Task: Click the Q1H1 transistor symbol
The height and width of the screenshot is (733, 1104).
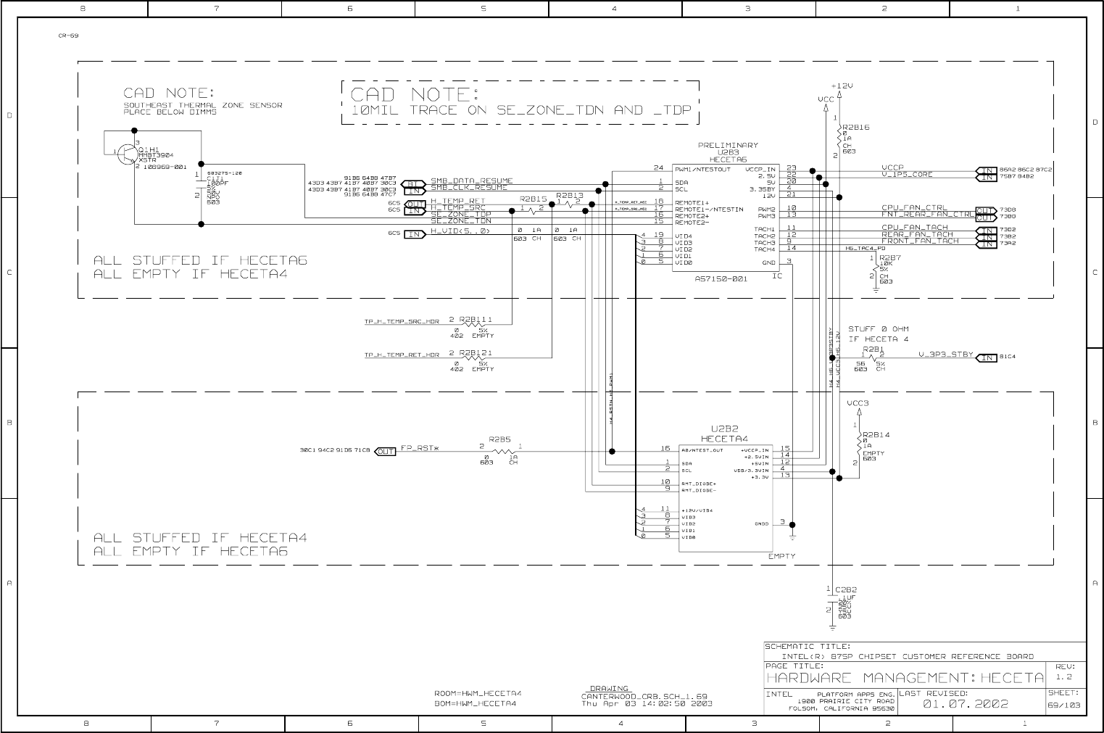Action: pos(128,153)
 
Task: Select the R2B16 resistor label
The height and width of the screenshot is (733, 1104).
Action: pos(856,128)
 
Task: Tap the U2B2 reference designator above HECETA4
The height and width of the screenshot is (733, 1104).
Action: pos(724,429)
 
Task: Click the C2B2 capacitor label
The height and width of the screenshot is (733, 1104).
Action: pos(846,589)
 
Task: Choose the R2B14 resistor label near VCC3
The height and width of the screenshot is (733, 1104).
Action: pos(876,434)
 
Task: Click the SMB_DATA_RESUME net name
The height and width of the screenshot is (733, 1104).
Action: pos(472,181)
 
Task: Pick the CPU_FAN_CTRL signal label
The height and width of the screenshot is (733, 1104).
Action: pos(914,208)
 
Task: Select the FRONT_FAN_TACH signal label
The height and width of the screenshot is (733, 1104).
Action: pos(920,241)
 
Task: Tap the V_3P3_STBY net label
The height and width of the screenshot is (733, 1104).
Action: pos(946,355)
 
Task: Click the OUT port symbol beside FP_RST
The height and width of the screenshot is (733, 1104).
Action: pos(386,451)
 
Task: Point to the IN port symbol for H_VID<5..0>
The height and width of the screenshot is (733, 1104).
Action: pos(415,234)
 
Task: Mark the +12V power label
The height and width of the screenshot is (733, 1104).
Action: pos(842,85)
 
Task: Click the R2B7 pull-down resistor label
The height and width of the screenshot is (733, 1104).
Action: pos(890,257)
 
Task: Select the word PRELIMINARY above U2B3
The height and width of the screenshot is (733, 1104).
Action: pos(728,145)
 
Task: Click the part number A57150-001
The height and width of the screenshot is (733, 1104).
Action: pos(721,278)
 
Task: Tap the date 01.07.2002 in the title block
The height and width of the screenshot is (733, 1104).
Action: pos(966,703)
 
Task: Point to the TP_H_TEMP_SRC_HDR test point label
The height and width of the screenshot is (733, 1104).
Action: pos(402,322)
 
